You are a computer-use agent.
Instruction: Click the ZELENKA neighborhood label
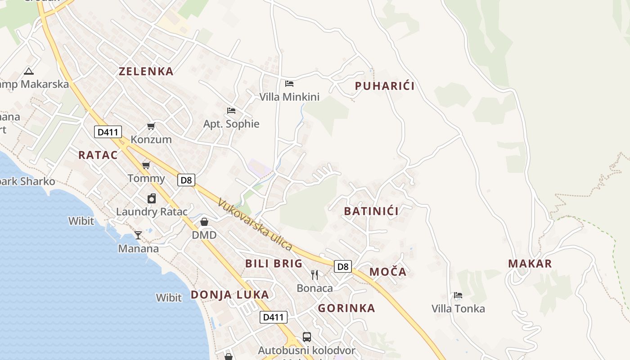146,71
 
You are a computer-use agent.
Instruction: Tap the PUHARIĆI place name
385,86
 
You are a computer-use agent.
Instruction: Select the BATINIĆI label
371,211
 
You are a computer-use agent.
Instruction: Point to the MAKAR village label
530,264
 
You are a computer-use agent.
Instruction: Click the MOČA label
388,272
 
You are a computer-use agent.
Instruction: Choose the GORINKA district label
346,308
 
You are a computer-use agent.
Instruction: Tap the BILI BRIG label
274,264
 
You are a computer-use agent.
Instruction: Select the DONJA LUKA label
229,295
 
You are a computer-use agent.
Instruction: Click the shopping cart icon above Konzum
151,126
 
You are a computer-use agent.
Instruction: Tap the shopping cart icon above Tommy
146,166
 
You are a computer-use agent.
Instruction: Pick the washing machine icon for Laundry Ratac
152,198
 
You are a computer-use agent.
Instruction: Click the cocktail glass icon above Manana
138,235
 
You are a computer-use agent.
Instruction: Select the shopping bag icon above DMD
204,222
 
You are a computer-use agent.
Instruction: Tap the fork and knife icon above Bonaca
315,274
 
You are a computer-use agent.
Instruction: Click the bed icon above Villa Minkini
289,84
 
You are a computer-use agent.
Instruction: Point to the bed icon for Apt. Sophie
231,111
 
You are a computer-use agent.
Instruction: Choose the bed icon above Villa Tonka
458,296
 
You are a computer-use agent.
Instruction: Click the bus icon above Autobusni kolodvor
306,337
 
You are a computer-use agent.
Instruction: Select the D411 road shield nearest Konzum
108,132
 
